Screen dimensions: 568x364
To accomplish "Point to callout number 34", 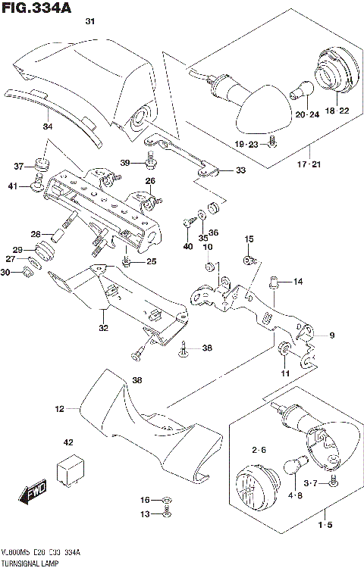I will (x=48, y=126).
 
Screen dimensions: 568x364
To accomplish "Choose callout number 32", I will (x=102, y=329).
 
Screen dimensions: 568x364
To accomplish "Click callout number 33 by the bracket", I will (x=240, y=170).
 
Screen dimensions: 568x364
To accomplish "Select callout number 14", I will (x=298, y=282).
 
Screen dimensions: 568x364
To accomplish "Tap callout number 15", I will (x=247, y=239).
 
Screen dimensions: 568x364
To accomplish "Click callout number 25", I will (x=152, y=261).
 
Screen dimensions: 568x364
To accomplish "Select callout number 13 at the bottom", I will (x=145, y=514).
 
